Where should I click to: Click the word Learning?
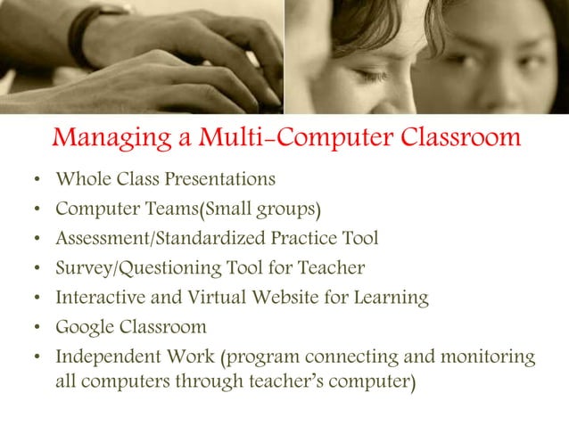pyautogui.click(x=390, y=299)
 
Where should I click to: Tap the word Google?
pyautogui.click(x=85, y=327)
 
